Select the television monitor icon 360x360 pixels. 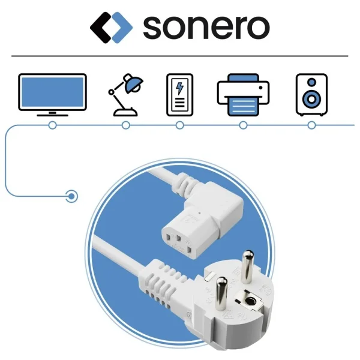(52, 93)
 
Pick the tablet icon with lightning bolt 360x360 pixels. (179, 94)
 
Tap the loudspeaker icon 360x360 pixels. (311, 95)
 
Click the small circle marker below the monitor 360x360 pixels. (52, 125)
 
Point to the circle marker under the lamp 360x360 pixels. (125, 125)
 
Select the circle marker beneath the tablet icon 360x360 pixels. (179, 125)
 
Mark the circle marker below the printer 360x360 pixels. (243, 125)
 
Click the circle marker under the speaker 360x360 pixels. (311, 125)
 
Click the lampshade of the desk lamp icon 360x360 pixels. (133, 85)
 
